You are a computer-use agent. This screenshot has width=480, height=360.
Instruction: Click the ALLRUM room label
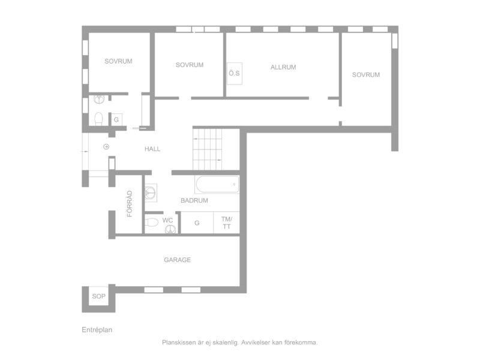pyautogui.click(x=283, y=67)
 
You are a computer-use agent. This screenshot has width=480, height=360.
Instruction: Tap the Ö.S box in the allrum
pyautogui.click(x=234, y=73)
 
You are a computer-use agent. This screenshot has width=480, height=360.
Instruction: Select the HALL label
pyautogui.click(x=152, y=149)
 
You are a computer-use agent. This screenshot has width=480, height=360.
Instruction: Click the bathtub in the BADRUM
pyautogui.click(x=217, y=184)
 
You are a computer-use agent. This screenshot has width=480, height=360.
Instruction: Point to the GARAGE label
pyautogui.click(x=177, y=260)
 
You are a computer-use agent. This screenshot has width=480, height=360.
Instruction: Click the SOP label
pyautogui.click(x=98, y=296)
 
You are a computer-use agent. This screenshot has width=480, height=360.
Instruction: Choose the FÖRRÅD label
pyautogui.click(x=130, y=203)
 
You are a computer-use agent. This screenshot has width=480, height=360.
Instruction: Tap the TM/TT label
pyautogui.click(x=227, y=223)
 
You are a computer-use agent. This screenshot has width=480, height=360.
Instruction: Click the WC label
pyautogui.click(x=167, y=220)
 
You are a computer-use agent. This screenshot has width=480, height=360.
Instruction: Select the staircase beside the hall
pyautogui.click(x=207, y=149)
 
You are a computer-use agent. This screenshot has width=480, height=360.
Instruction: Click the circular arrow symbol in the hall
pyautogui.click(x=106, y=147)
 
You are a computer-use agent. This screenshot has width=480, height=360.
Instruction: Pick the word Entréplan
pyautogui.click(x=97, y=329)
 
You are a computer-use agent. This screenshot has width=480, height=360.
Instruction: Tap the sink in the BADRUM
pyautogui.click(x=151, y=193)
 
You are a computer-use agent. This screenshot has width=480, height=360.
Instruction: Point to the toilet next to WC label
pyautogui.click(x=151, y=222)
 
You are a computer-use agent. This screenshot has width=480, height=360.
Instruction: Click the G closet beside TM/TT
pyautogui.click(x=197, y=223)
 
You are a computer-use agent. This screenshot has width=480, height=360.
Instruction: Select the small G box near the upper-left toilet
pyautogui.click(x=116, y=119)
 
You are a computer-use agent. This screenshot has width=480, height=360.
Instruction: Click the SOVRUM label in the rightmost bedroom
pyautogui.click(x=366, y=74)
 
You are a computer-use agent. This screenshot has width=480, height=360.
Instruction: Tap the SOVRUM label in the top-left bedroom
pyautogui.click(x=118, y=61)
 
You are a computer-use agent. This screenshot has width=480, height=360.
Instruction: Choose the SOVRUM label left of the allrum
pyautogui.click(x=190, y=65)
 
